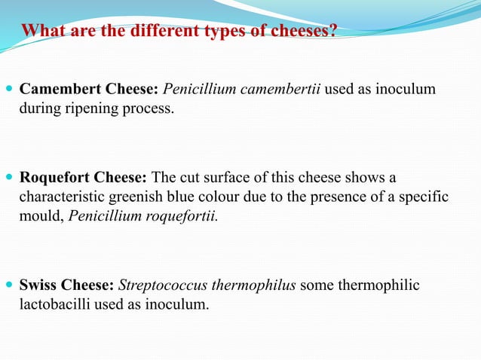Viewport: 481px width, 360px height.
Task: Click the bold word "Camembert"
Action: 56,90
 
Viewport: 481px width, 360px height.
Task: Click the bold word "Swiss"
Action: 38,286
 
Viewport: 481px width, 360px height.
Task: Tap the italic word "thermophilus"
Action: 252,286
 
